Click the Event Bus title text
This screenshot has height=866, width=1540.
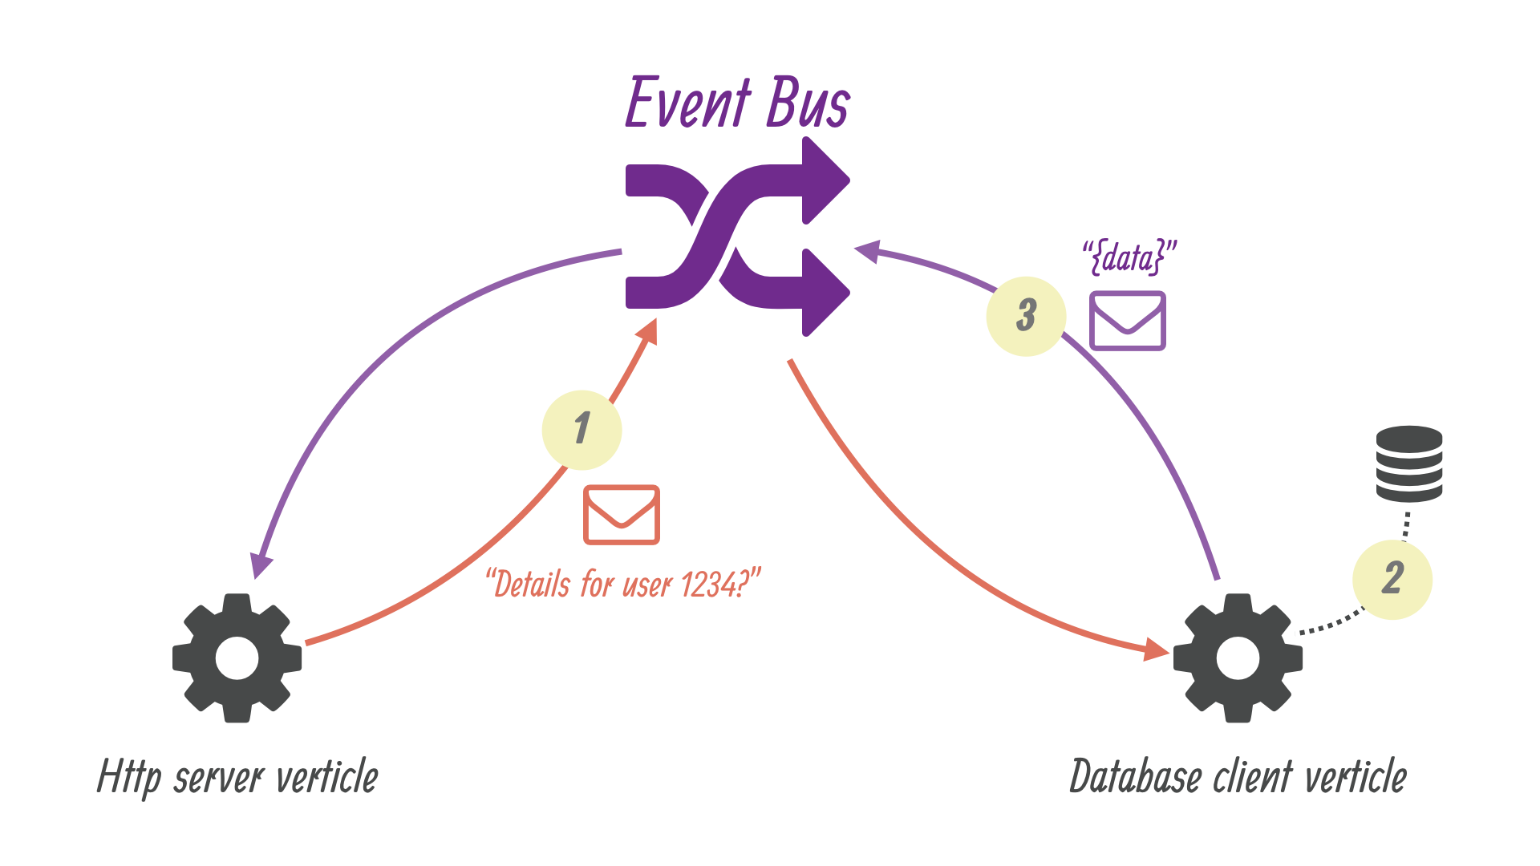[x=736, y=103]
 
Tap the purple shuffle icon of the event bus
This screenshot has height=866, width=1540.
[x=736, y=237]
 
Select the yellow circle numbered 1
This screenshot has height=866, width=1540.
[x=582, y=430]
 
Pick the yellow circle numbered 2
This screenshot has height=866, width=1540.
[x=1392, y=579]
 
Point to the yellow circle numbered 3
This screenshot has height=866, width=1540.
[x=1026, y=316]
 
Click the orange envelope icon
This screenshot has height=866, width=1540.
[x=622, y=515]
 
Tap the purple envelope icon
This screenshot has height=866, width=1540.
[x=1127, y=321]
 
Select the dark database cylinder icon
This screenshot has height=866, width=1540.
[x=1409, y=463]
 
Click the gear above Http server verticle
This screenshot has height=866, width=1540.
[x=237, y=658]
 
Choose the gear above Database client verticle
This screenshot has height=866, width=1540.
[x=1238, y=658]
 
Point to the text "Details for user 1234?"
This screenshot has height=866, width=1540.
[x=623, y=584]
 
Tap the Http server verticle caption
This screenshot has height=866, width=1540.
[x=237, y=776]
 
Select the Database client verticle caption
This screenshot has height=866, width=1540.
[x=1238, y=776]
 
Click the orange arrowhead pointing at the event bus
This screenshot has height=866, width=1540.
[x=648, y=331]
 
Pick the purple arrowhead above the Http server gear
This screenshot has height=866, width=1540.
[x=261, y=565]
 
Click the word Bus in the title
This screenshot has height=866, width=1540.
[x=807, y=103]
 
